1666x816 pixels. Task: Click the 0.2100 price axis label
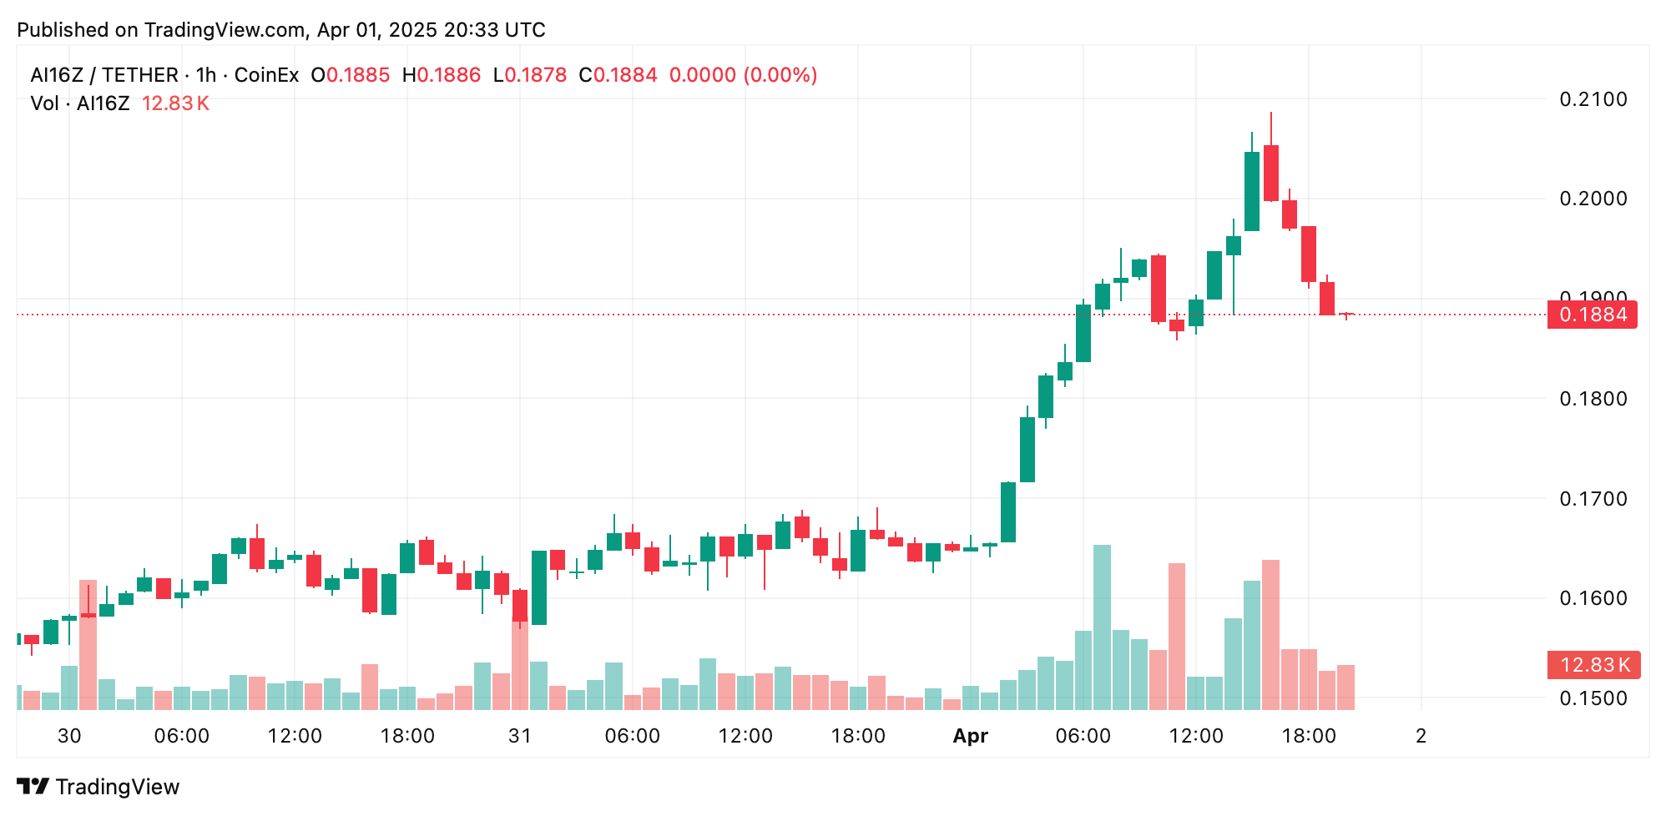(1593, 99)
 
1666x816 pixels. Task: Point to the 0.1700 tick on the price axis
(1593, 499)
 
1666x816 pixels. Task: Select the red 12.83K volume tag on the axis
(1593, 665)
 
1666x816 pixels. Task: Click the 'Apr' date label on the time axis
(970, 736)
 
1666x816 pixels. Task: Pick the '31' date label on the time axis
(520, 736)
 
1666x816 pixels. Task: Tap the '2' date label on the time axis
(1421, 736)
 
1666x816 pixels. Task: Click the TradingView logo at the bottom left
(98, 787)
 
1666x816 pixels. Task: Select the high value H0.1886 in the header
(442, 75)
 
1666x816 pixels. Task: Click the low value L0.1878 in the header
(530, 75)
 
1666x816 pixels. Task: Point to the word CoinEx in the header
(266, 75)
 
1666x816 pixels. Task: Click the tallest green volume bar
(1102, 626)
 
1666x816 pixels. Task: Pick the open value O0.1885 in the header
(351, 75)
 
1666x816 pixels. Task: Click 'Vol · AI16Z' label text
(80, 103)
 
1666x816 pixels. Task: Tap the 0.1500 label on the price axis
(1593, 698)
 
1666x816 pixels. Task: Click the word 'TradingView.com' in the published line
(225, 30)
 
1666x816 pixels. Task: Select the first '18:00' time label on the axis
(407, 736)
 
